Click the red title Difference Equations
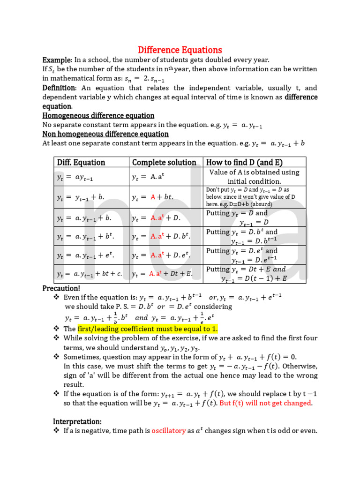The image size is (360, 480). (180, 50)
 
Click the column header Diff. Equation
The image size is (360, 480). (81, 162)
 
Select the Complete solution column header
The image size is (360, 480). (164, 162)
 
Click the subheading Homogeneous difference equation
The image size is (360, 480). (98, 115)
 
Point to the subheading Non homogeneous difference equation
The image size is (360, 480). (105, 134)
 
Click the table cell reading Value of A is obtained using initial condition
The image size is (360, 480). (255, 177)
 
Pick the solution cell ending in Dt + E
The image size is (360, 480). (162, 274)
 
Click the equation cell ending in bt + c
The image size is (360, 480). (90, 274)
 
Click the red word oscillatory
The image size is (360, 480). (169, 430)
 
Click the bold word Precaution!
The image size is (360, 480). (61, 288)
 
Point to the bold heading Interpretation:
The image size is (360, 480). (77, 421)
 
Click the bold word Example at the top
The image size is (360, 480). (57, 60)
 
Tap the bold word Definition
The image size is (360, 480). (59, 88)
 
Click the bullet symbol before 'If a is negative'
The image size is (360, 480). (56, 430)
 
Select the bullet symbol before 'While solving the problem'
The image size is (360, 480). (56, 338)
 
